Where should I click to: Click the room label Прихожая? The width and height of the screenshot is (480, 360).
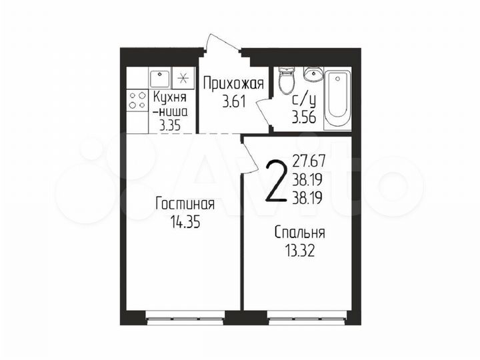click(233, 85)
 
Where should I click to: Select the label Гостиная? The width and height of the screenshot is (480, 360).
click(185, 203)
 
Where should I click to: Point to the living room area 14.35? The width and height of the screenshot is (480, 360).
click(185, 222)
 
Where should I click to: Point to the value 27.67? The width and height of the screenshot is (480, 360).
click(309, 161)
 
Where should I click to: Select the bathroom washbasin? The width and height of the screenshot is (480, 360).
click(313, 75)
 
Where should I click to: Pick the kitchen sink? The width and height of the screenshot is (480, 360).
click(159, 79)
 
